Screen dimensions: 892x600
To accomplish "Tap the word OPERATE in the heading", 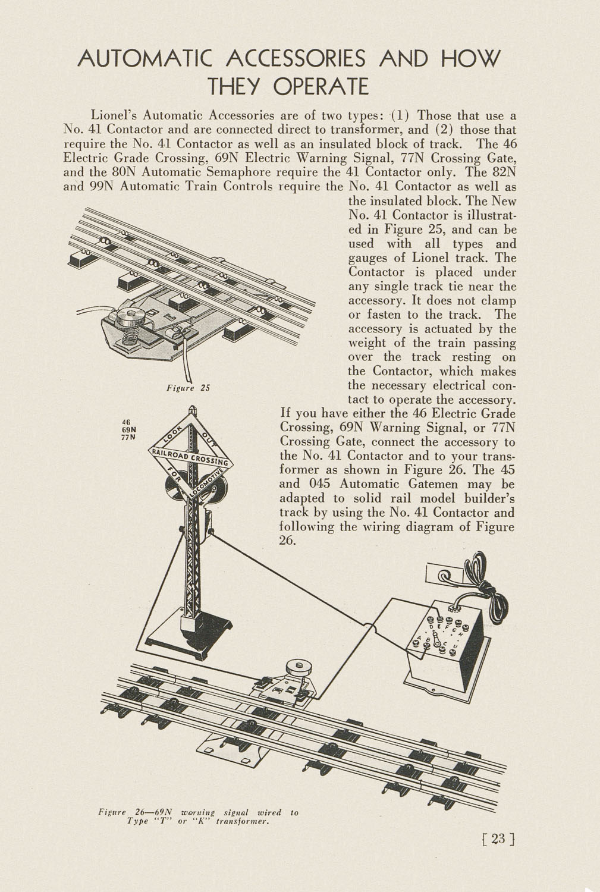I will coord(320,87).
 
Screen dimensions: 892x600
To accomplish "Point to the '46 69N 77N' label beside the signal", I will coord(128,428).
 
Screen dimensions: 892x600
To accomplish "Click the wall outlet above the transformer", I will coord(444,575).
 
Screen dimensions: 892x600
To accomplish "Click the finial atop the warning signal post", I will coord(191,409).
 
